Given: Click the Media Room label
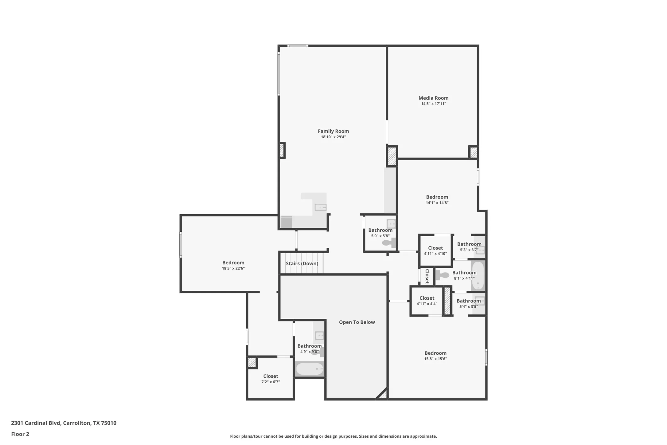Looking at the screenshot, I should [433, 98].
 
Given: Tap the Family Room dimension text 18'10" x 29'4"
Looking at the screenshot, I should [333, 137].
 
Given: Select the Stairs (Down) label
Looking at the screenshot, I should [302, 263].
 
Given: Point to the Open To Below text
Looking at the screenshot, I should [357, 322].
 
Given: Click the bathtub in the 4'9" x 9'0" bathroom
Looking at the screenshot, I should [310, 369].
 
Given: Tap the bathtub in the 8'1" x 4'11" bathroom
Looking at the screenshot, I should [478, 276].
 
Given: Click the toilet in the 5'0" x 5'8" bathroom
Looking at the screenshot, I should [388, 243].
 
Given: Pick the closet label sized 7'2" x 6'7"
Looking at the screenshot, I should [271, 376].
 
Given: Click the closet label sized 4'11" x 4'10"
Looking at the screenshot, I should [435, 248].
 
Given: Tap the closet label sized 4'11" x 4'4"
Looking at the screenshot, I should [427, 298].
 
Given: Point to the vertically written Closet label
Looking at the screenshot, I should [427, 276].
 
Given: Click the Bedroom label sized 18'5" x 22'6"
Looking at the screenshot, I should [233, 263].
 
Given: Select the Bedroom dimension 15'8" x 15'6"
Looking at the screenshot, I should [435, 359].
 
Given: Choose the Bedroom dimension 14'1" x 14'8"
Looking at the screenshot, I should [437, 203].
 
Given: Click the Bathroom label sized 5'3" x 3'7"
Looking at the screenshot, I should [469, 244].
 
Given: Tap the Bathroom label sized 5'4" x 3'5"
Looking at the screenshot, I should [469, 301].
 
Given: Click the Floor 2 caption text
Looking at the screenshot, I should [20, 434].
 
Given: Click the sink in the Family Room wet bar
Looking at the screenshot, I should [320, 207].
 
